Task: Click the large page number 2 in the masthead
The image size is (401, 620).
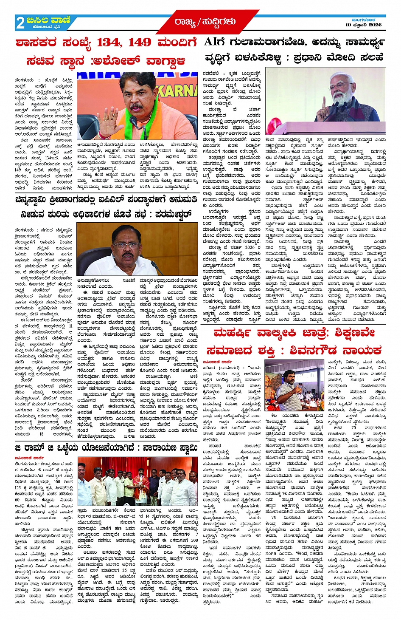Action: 20,23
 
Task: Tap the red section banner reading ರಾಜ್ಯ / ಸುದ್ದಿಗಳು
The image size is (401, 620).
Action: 205,22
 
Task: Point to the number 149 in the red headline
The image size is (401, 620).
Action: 139,43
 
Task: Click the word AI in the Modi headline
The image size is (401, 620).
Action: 211,42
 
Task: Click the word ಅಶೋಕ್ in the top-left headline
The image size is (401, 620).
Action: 120,61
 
